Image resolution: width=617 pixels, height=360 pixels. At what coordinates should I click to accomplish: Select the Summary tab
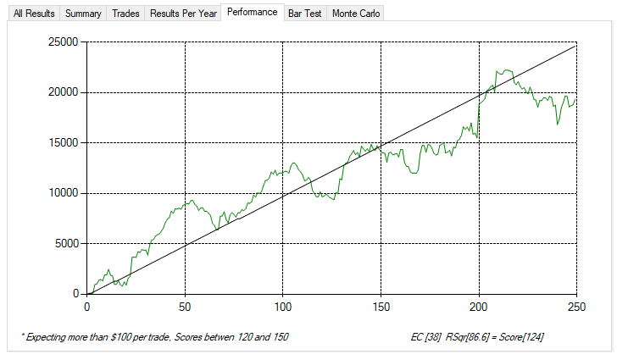[x=84, y=14]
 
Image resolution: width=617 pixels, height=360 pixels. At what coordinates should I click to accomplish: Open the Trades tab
[x=126, y=14]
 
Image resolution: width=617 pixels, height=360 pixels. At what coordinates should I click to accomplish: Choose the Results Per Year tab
[x=182, y=14]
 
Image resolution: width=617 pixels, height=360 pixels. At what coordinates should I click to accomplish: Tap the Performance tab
[x=252, y=13]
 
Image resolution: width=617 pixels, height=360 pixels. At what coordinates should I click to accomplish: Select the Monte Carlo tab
[x=356, y=14]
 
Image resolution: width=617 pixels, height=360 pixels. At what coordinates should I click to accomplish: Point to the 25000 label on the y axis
[x=64, y=42]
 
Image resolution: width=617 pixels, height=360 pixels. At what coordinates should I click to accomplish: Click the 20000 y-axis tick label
[x=64, y=92]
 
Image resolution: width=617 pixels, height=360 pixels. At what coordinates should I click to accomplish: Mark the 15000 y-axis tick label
[x=64, y=142]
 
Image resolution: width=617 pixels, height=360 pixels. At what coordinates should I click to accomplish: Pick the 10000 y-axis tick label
[x=64, y=193]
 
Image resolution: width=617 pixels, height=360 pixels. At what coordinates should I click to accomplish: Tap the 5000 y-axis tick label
[x=67, y=243]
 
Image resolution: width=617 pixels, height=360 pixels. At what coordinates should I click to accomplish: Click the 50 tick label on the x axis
[x=185, y=306]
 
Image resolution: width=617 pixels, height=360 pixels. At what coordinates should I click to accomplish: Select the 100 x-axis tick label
[x=283, y=306]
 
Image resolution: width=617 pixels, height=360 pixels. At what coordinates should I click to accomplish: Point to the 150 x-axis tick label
[x=381, y=306]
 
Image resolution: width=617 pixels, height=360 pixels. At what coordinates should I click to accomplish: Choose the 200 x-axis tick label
[x=479, y=306]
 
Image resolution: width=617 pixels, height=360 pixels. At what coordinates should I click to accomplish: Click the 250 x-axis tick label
[x=576, y=306]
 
